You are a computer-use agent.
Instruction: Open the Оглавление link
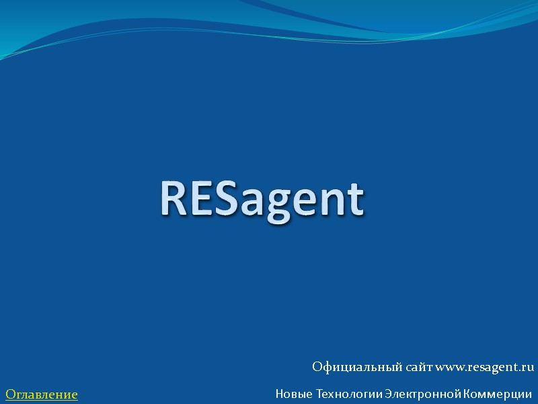pyautogui.click(x=42, y=393)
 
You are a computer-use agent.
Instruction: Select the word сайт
pyautogui.click(x=418, y=367)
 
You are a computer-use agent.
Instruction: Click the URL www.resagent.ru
pyautogui.click(x=485, y=367)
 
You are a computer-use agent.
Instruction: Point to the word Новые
pyautogui.click(x=294, y=393)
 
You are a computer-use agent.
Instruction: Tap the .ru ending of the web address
pyautogui.click(x=526, y=367)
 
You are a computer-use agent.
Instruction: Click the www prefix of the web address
pyautogui.click(x=450, y=368)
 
